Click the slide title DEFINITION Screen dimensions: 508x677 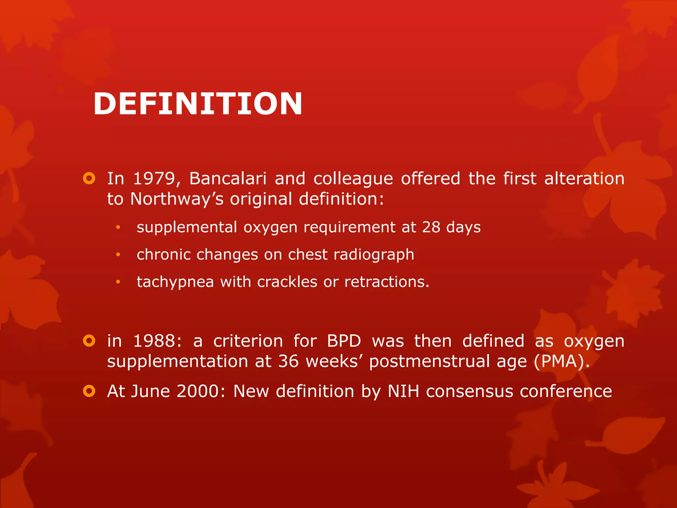pos(198,104)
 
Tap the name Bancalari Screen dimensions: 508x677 pos(228,179)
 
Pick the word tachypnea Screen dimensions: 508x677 pos(175,282)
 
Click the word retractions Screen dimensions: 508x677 pos(386,282)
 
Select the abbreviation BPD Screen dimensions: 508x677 pos(344,341)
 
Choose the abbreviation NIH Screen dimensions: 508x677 pos(403,392)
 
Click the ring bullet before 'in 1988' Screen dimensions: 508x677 pos(89,341)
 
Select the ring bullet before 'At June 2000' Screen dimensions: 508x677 pos(89,391)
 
